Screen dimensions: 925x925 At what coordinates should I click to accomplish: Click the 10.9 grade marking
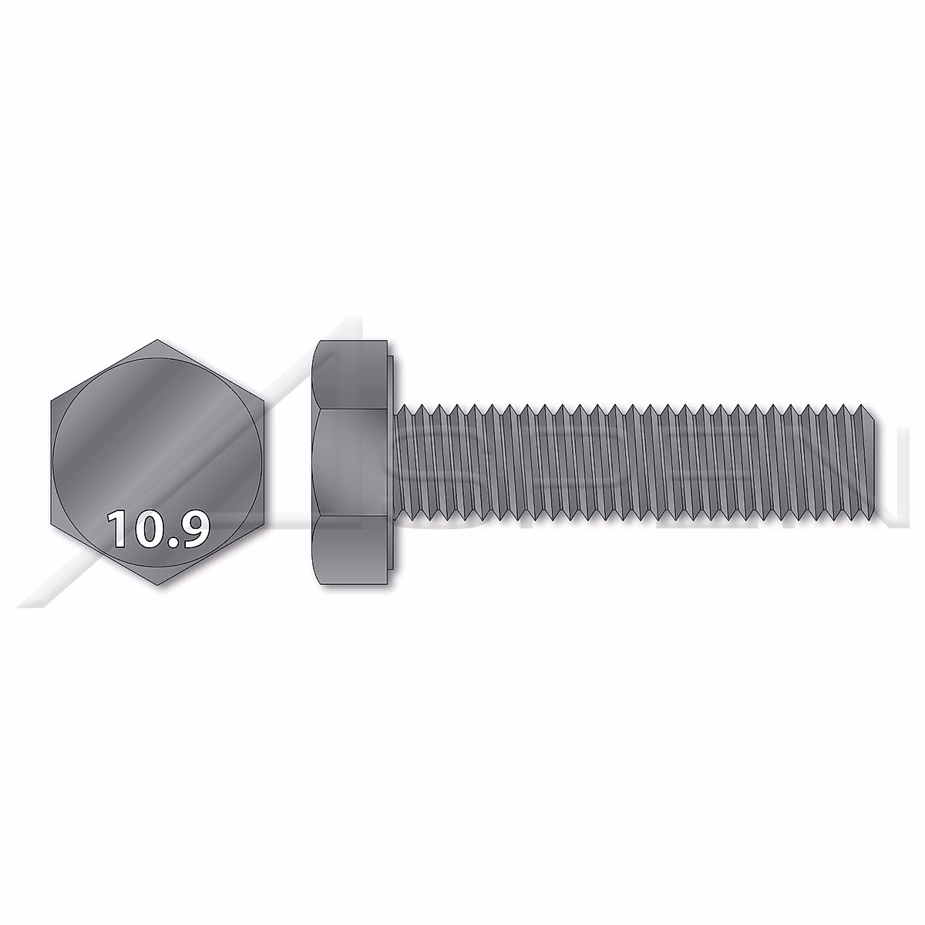tap(159, 529)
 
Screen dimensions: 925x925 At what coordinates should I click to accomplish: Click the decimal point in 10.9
tap(171, 542)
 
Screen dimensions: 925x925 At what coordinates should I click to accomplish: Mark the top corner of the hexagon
tap(159, 339)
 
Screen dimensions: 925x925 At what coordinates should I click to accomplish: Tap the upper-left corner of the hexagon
tap(50, 402)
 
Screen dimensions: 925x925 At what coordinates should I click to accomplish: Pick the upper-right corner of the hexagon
tap(267, 402)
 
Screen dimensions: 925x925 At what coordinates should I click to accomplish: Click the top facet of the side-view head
tap(351, 375)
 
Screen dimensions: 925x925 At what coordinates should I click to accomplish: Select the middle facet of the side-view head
tap(351, 462)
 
